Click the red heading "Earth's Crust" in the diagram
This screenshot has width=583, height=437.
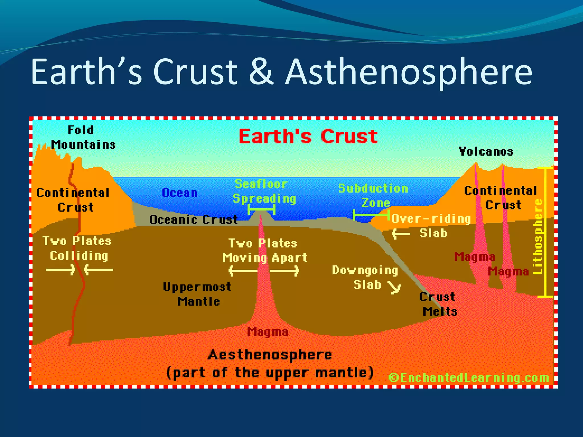pyautogui.click(x=308, y=136)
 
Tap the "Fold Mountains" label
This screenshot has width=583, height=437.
pyautogui.click(x=83, y=137)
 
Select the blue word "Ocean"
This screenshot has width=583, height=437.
pyautogui.click(x=180, y=193)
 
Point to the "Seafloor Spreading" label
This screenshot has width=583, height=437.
pyautogui.click(x=264, y=191)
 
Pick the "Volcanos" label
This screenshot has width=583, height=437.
pyautogui.click(x=486, y=151)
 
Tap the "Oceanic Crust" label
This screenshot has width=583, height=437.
pyautogui.click(x=194, y=219)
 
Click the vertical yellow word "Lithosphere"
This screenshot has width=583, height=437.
pyautogui.click(x=538, y=236)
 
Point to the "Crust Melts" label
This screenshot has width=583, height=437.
pyautogui.click(x=439, y=304)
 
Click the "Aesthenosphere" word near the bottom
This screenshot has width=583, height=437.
pyautogui.click(x=270, y=355)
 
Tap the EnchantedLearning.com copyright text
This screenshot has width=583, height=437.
pyautogui.click(x=469, y=378)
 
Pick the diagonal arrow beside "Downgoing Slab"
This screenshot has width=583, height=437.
pyautogui.click(x=395, y=288)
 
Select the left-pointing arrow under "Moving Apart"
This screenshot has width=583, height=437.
pyautogui.click(x=243, y=270)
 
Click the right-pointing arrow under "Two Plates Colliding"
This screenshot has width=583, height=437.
pyautogui.click(x=61, y=269)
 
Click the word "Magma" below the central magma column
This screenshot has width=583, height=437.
pyautogui.click(x=267, y=332)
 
